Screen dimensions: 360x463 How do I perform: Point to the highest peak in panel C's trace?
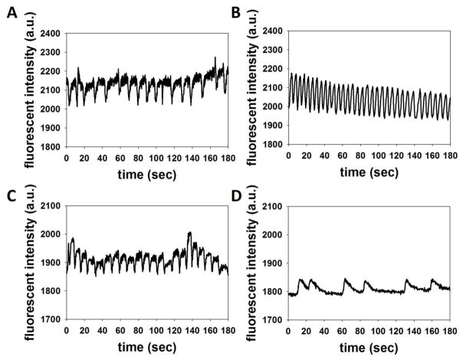(189, 232)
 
